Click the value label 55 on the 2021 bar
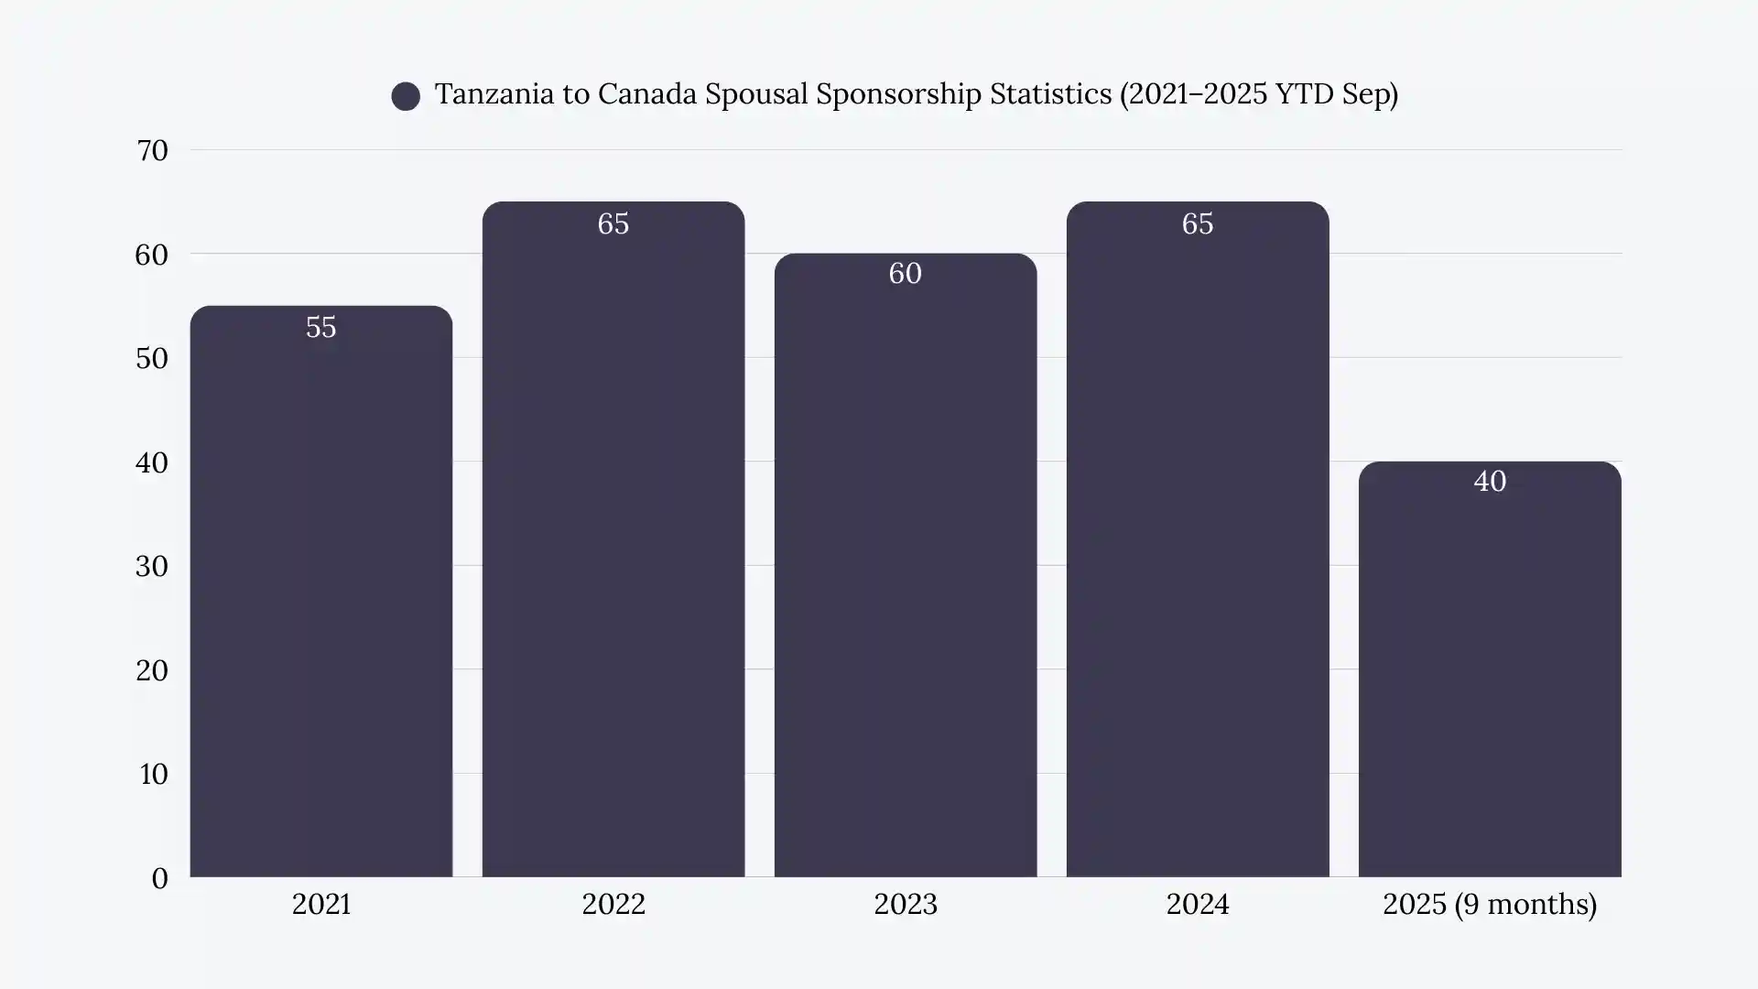320,327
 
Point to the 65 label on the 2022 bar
613,223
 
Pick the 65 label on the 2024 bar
1197,223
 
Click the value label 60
905,273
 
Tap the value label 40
1490,481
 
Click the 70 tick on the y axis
152,150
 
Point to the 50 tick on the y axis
152,358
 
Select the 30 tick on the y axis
152,566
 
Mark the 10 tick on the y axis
153,774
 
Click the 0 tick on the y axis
159,878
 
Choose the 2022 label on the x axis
613,904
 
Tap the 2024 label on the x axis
1197,904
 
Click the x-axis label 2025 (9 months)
1489,904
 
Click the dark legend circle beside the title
406,96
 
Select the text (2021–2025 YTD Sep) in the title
1258,93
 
